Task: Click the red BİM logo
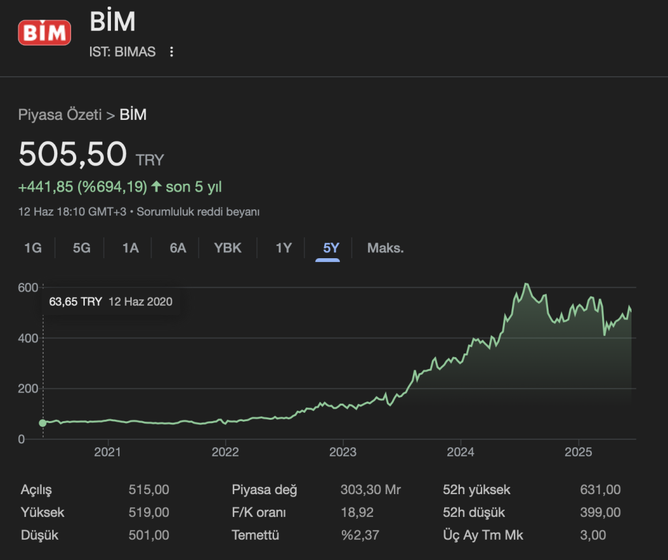(x=44, y=32)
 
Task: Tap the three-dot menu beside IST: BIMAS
(x=172, y=52)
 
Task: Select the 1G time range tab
(x=33, y=248)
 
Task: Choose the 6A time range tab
(x=177, y=248)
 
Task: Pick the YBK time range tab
(x=228, y=248)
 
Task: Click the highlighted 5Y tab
(x=331, y=248)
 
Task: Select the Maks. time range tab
(x=386, y=248)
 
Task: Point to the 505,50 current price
(x=72, y=155)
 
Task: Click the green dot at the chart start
(x=43, y=423)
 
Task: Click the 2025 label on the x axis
(x=577, y=452)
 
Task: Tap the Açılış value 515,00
(x=149, y=490)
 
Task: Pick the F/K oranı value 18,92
(x=357, y=513)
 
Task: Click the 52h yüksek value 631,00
(x=600, y=490)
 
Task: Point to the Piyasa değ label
(x=264, y=490)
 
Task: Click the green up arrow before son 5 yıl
(x=156, y=187)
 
